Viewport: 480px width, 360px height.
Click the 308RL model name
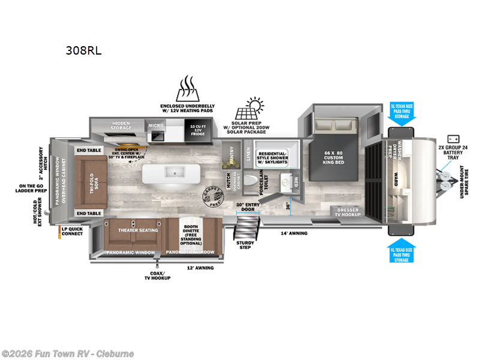(83, 50)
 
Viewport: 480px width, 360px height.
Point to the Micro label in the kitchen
(155, 126)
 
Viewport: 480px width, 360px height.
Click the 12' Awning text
(200, 268)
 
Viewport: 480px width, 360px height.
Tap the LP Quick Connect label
(72, 231)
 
